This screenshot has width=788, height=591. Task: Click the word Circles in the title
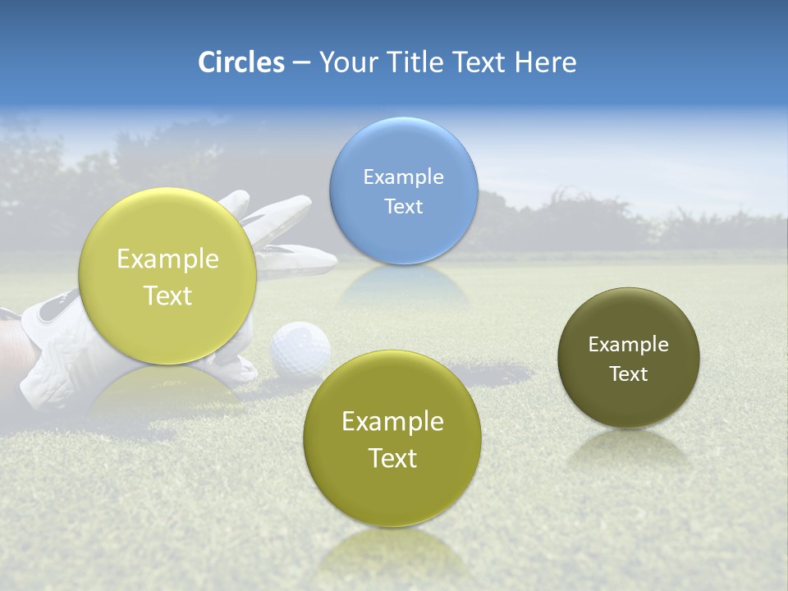click(241, 62)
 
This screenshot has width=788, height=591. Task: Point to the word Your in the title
click(346, 62)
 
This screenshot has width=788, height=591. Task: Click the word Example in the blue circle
click(403, 177)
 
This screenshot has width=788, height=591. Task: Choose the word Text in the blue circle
click(403, 206)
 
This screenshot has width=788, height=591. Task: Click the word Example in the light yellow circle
click(167, 259)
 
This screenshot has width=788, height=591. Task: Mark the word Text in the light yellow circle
click(167, 295)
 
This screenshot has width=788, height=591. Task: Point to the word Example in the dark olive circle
click(628, 345)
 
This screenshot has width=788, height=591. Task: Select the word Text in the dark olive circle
click(628, 374)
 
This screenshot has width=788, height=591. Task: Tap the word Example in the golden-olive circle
click(392, 422)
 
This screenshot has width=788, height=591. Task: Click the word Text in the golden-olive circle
click(392, 458)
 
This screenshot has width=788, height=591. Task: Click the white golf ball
click(300, 350)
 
